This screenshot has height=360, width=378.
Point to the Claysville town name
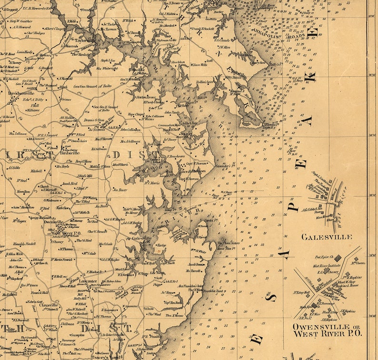tap(52, 306)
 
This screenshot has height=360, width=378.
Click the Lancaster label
tap(88, 281)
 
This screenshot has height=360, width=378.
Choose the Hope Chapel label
tap(136, 114)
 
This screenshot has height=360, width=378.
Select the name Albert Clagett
tap(52, 29)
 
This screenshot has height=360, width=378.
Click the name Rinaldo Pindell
tap(24, 243)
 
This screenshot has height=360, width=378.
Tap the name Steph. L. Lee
tap(109, 60)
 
